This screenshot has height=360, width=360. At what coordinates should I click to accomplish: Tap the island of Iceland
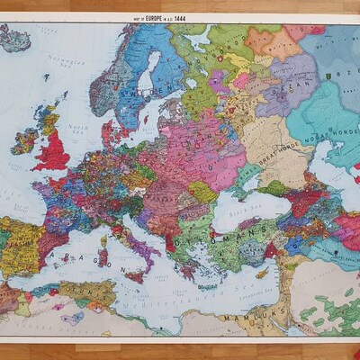(x=15, y=38)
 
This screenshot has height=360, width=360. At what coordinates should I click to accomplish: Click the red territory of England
(x=53, y=154)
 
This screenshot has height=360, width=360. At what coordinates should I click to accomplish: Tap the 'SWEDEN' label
(x=135, y=90)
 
